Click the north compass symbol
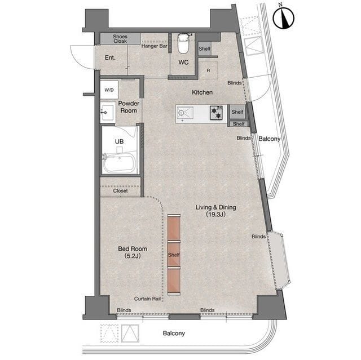(x=283, y=17)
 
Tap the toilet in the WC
(x=183, y=43)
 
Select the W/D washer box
(x=109, y=90)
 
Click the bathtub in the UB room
(x=119, y=163)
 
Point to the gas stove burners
(x=217, y=113)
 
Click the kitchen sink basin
(x=184, y=113)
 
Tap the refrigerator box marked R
(x=208, y=70)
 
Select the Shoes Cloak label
(x=120, y=39)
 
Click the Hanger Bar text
(x=154, y=46)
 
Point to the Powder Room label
(x=129, y=107)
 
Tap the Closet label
(x=120, y=191)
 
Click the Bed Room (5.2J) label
(x=133, y=252)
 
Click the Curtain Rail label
(x=147, y=299)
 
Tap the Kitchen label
(x=202, y=92)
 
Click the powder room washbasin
(x=108, y=113)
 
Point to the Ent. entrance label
(x=110, y=57)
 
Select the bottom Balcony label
(x=174, y=333)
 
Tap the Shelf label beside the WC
(x=204, y=49)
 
